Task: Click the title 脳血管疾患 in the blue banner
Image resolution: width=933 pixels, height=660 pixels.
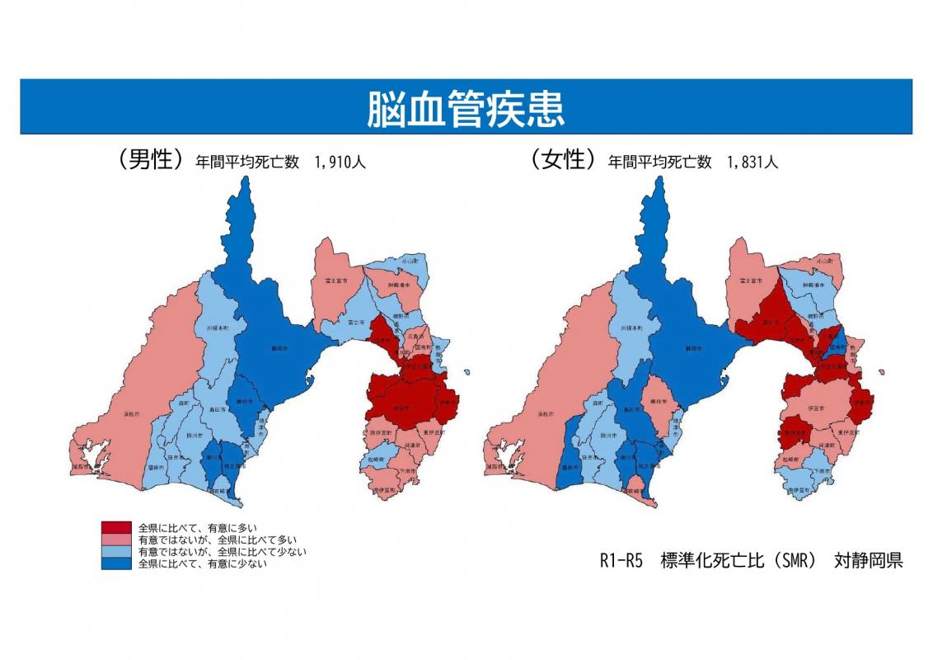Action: [466, 109]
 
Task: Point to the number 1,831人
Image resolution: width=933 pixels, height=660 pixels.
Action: [752, 163]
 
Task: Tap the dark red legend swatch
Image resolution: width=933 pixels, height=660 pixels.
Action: [116, 526]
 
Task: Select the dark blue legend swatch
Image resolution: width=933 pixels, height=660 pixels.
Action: [116, 564]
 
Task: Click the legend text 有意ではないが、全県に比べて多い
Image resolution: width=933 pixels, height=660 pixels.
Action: [205, 539]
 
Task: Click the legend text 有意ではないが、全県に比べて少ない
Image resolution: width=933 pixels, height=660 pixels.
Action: [211, 551]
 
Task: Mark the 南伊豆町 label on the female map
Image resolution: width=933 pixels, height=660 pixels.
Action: [796, 490]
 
